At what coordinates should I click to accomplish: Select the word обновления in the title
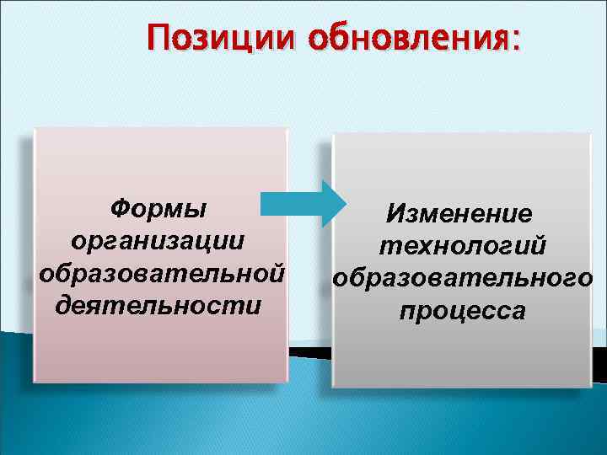tap(406, 37)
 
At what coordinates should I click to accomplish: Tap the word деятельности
tap(158, 303)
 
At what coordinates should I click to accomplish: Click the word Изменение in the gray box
tap(459, 214)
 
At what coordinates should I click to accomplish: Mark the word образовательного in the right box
tap(463, 278)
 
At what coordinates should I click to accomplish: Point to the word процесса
tap(463, 311)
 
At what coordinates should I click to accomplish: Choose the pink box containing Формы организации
tap(160, 354)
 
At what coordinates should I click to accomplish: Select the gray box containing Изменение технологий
tap(462, 354)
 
